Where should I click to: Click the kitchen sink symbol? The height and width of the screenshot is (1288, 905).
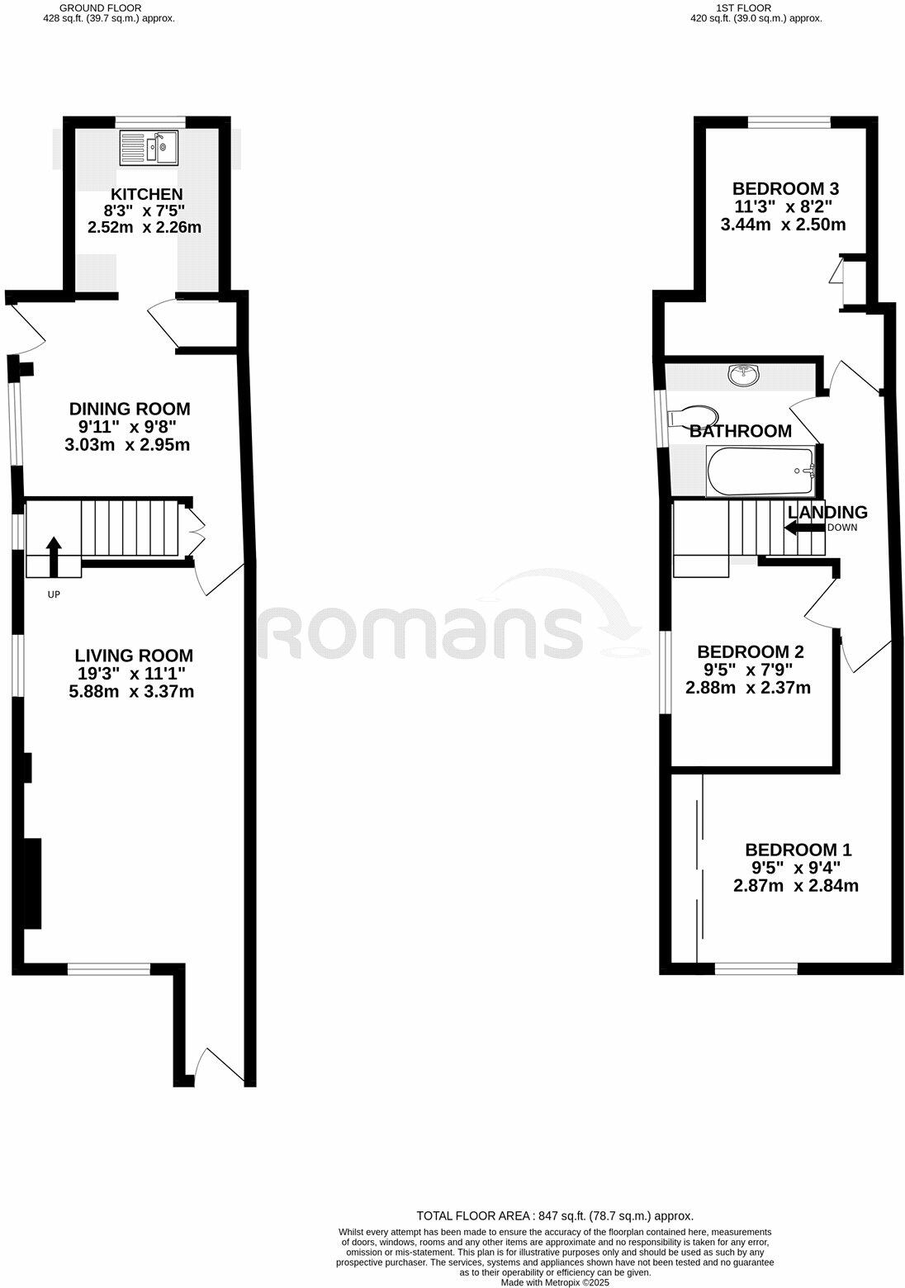149,147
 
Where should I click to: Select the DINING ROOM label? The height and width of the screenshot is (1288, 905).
130,409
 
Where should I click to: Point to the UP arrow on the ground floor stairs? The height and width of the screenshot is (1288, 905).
54,555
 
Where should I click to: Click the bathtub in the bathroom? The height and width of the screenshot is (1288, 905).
760,471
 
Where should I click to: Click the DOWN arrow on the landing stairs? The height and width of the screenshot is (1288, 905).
803,528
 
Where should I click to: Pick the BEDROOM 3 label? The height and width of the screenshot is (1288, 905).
786,188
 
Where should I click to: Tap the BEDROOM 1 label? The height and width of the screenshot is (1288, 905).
798,850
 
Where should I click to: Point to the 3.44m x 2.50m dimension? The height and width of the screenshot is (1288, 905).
789,225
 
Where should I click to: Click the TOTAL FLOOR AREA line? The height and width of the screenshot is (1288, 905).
555,1215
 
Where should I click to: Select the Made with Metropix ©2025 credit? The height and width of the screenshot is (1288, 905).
555,1282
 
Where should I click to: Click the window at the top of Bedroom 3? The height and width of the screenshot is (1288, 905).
789,122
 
